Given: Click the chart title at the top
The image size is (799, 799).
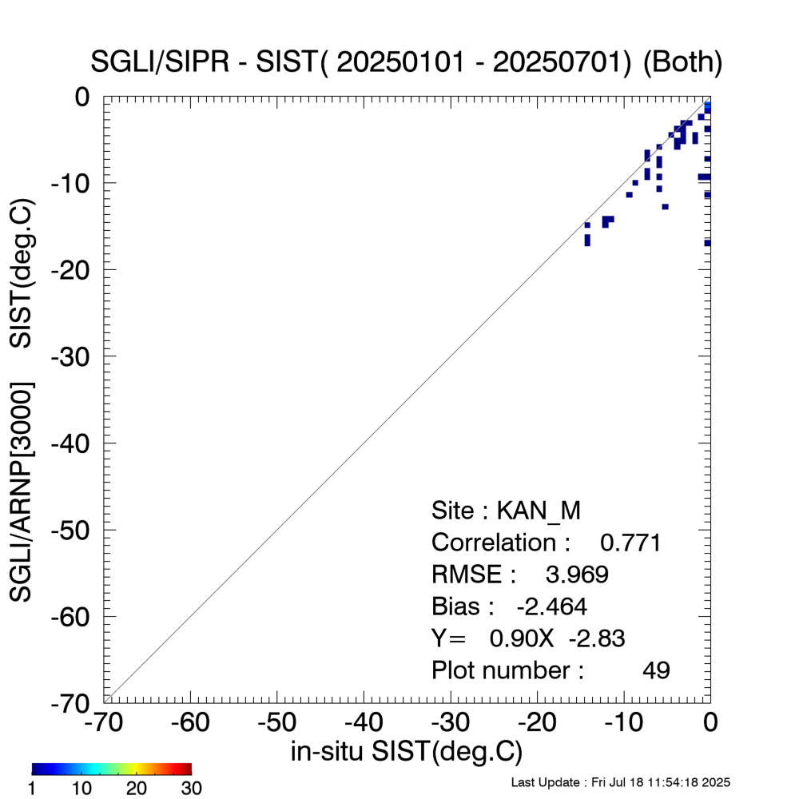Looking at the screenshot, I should pyautogui.click(x=407, y=63).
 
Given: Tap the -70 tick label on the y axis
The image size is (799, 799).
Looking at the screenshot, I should pyautogui.click(x=77, y=702).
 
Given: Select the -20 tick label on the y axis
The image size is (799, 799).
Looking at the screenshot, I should pyautogui.click(x=77, y=269).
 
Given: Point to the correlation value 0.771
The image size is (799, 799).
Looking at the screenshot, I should pyautogui.click(x=630, y=543).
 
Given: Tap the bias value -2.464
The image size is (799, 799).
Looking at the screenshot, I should pyautogui.click(x=552, y=607).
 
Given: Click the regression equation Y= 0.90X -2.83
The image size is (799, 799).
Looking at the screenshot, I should pyautogui.click(x=528, y=638).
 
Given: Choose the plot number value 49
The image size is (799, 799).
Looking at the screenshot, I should pyautogui.click(x=656, y=670).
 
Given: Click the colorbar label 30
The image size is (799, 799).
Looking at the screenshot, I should pyautogui.click(x=191, y=789).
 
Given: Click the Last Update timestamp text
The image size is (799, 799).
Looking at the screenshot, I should pyautogui.click(x=620, y=782).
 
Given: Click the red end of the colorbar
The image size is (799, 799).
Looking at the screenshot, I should pyautogui.click(x=187, y=769).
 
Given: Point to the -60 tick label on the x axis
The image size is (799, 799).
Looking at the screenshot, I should pyautogui.click(x=190, y=723).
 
